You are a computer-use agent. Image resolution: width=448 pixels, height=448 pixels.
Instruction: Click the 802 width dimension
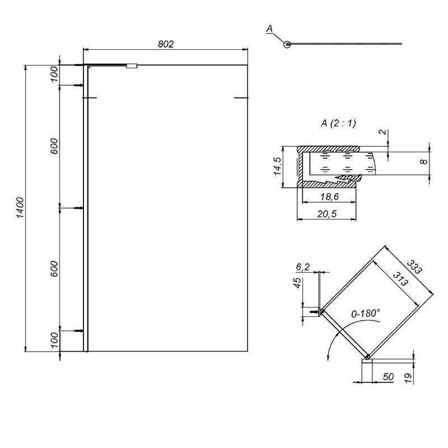click(x=166, y=44)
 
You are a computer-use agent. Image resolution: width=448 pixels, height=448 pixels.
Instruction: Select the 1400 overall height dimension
click(x=20, y=208)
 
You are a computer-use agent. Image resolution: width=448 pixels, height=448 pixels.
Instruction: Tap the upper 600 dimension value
click(x=54, y=146)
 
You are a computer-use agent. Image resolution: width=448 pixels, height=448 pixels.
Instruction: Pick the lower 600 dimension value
click(x=54, y=269)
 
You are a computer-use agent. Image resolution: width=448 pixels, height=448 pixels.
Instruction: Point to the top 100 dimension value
click(x=54, y=74)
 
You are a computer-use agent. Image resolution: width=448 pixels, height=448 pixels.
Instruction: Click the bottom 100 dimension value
click(x=54, y=340)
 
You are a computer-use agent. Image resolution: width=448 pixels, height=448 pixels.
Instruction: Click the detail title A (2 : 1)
click(x=339, y=123)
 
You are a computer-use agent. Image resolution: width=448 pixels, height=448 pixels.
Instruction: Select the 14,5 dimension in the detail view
click(x=277, y=166)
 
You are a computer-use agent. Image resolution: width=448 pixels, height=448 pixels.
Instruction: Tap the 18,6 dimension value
click(x=329, y=197)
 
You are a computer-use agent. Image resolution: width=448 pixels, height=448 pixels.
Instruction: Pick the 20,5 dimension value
click(x=327, y=213)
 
